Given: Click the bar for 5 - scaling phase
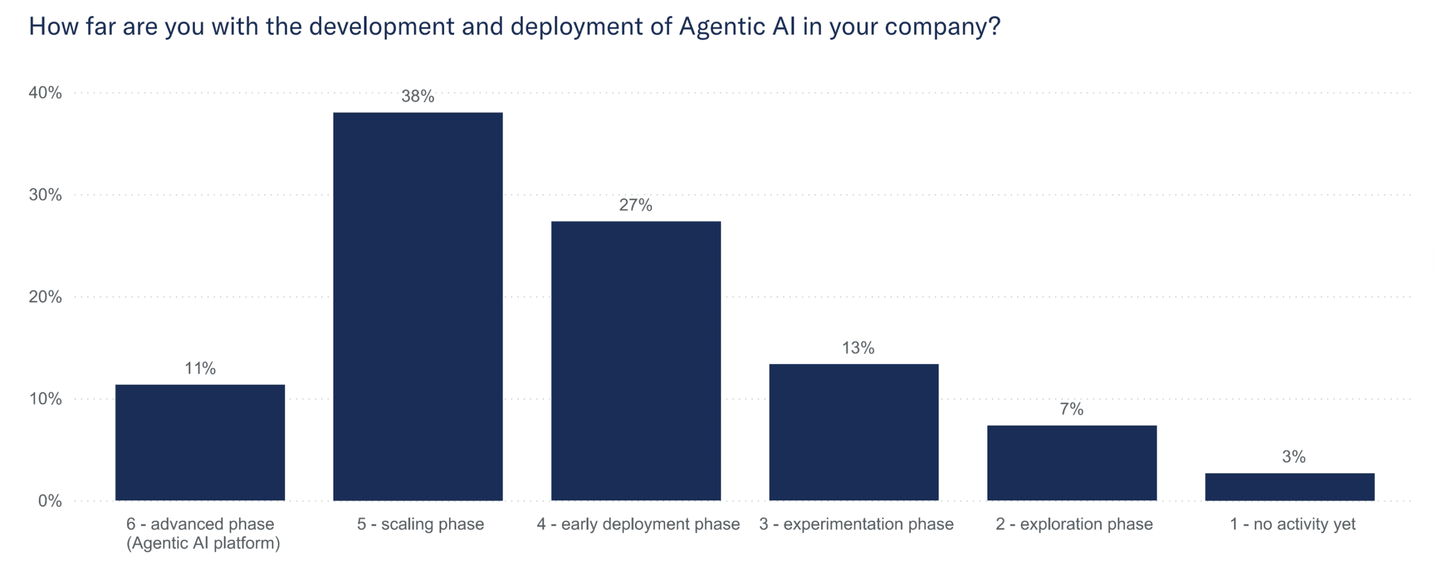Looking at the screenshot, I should tap(418, 306).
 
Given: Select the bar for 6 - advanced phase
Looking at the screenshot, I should tap(200, 442).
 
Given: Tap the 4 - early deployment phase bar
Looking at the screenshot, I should tap(635, 361).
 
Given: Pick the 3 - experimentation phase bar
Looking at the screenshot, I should tap(853, 432).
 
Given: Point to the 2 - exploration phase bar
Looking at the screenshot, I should tap(1072, 463).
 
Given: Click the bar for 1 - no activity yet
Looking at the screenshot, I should tap(1289, 486).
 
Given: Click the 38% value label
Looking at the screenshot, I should tap(418, 96).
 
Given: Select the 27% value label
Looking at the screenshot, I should tap(635, 205).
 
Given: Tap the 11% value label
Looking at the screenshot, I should tap(200, 368).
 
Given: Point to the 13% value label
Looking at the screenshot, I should tap(858, 348).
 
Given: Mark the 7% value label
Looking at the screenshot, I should tap(1071, 409).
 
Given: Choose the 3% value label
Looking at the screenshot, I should tap(1293, 457).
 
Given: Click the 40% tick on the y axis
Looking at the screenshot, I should tap(45, 93).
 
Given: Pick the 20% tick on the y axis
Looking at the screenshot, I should tap(45, 297).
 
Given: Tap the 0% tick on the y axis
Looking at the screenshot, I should tap(49, 500).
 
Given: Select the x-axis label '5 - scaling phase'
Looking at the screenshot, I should tap(420, 524).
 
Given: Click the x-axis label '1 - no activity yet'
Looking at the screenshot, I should tap(1292, 524).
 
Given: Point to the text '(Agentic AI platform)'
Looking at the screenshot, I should tap(203, 543).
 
